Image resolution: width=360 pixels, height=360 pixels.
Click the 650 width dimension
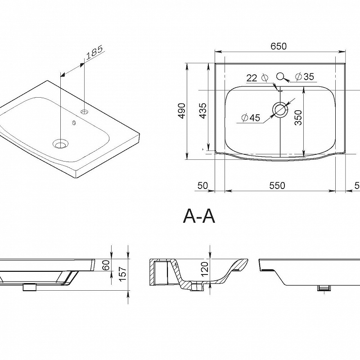279,46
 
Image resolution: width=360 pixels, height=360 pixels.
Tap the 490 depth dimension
182,111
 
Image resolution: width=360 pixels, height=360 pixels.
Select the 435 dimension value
203,111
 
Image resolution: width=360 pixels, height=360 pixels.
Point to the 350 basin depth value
298,117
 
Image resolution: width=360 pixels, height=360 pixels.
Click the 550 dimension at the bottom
277,185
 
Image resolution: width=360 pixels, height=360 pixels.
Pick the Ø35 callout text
305,76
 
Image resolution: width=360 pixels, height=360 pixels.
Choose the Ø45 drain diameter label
251,118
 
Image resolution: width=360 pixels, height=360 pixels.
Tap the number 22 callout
252,78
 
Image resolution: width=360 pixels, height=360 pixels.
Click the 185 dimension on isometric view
95,53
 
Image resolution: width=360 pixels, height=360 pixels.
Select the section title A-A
199,216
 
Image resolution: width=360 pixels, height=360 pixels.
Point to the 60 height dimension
107,265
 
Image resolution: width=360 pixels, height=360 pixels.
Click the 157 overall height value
123,273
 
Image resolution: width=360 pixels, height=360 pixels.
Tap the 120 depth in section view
204,269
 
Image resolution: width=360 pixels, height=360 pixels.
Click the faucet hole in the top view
280,76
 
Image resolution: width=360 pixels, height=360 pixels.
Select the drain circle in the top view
280,109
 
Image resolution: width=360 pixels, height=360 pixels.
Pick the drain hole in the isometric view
60,144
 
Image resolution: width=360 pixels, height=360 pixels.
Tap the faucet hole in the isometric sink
85,112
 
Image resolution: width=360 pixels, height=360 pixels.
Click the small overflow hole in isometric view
74,122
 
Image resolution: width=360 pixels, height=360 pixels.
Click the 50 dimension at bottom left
202,185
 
